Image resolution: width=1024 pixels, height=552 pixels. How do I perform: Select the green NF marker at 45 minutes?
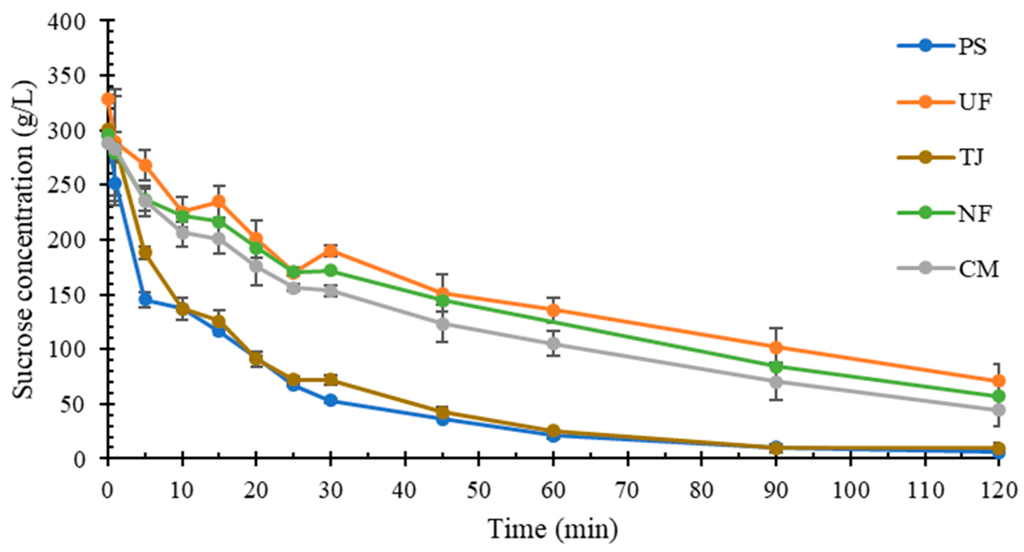click(442, 300)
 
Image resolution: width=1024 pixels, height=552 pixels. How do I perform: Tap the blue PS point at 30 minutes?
click(330, 400)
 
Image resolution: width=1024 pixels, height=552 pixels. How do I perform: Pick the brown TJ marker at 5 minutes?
click(145, 253)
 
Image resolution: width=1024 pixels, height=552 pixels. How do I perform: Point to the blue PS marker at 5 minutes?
click(145, 300)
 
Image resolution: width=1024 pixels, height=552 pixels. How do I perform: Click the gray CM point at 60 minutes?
click(553, 343)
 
